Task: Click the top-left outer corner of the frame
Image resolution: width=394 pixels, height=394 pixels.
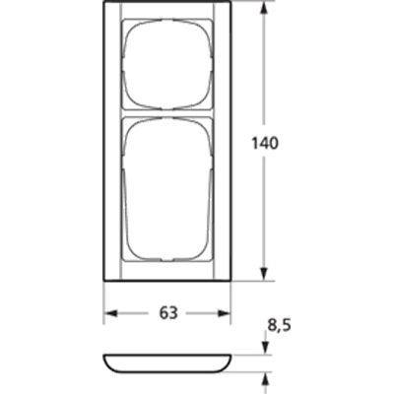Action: point(104,5)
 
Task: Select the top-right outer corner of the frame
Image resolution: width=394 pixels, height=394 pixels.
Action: point(230,5)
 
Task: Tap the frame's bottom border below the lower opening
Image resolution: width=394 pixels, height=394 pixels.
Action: point(167,272)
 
